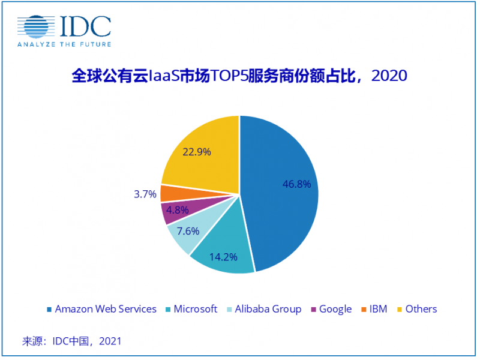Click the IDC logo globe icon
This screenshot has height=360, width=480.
pos(37,26)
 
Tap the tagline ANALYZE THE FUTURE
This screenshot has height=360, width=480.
pos(64,44)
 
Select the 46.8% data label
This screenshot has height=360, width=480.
pos(296,184)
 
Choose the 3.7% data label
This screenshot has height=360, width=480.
pos(145,194)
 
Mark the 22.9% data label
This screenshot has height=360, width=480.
pos(197,152)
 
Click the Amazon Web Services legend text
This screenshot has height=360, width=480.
pos(106,309)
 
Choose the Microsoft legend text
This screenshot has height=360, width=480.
pos(195,309)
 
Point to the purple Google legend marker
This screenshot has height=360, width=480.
pos(313,310)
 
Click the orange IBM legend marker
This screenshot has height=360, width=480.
pos(364,310)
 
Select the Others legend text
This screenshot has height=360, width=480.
pos(421,309)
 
